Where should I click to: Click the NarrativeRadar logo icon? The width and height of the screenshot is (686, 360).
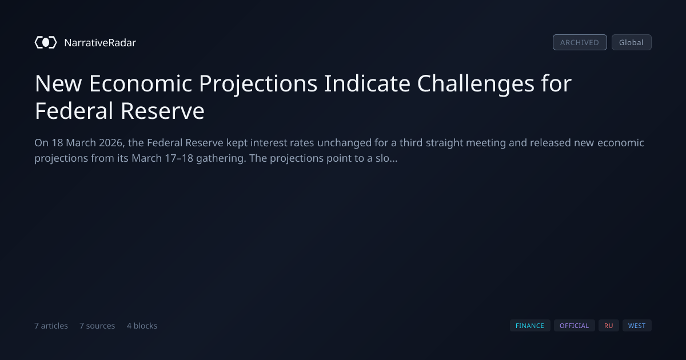[x=46, y=42]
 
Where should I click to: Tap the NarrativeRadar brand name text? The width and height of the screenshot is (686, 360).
[x=100, y=42]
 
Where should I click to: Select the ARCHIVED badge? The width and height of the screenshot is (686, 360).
[x=580, y=42]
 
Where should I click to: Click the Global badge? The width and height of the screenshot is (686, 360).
[x=632, y=42]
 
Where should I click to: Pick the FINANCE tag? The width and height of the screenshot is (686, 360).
[x=530, y=326]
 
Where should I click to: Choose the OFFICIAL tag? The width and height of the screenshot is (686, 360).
[x=574, y=326]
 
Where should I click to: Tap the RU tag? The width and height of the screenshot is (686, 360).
[x=608, y=326]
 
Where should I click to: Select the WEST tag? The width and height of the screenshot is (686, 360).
[x=637, y=326]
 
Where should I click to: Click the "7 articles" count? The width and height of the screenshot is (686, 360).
[x=51, y=326]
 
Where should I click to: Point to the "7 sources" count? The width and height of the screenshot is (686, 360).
[x=97, y=326]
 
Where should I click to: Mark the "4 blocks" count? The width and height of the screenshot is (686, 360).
[x=142, y=326]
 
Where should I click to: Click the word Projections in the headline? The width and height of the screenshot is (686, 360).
[x=258, y=84]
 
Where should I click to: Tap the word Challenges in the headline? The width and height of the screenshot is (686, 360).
[x=476, y=84]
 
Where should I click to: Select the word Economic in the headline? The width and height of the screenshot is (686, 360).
[x=141, y=83]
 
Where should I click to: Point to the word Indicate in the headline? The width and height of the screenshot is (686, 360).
[x=367, y=83]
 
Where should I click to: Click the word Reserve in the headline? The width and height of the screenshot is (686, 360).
[x=162, y=111]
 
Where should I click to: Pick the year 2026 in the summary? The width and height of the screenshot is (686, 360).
[x=112, y=143]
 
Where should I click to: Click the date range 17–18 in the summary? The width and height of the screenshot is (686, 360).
[x=179, y=158]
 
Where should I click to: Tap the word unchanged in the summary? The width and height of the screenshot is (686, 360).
[x=344, y=143]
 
